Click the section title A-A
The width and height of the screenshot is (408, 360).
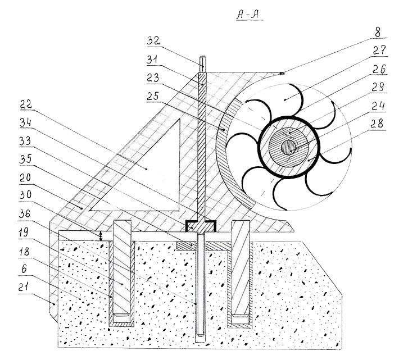[248, 15]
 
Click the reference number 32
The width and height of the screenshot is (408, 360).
[153, 41]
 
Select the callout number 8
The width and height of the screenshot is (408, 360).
[378, 32]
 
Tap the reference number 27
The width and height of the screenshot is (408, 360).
[379, 50]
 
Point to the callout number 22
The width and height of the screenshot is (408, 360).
[26, 104]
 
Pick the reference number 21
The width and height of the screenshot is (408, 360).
[24, 287]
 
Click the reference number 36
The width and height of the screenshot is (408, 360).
[25, 214]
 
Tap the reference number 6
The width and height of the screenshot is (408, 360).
[24, 268]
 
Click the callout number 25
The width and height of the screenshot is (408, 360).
[153, 96]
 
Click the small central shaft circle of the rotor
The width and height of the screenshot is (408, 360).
[288, 148]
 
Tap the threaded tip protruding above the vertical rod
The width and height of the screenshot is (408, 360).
[202, 64]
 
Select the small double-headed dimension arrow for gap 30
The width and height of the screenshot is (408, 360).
[102, 236]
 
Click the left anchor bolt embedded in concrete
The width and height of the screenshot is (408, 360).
[122, 268]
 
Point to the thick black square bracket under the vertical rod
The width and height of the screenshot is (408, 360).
[201, 222]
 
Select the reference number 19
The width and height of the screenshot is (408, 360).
[24, 233]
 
